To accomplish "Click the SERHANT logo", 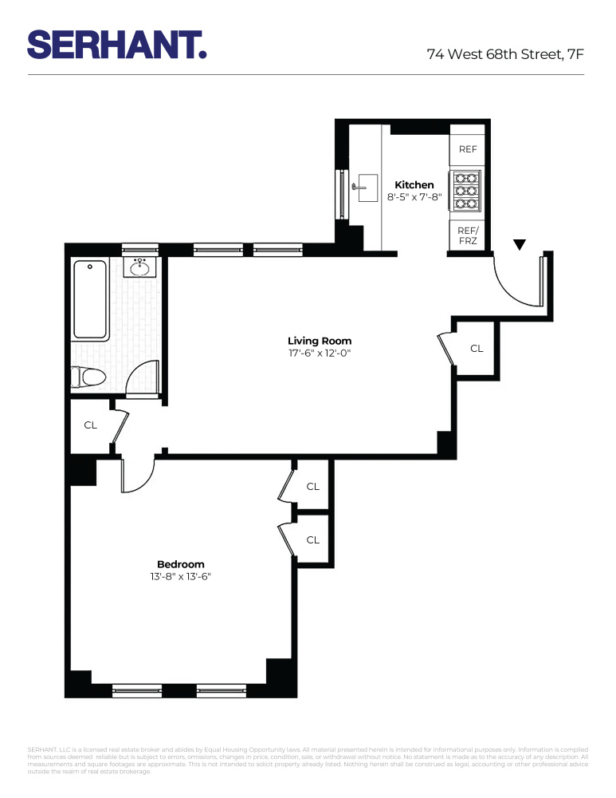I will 117,44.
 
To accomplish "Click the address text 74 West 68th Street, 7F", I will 505,54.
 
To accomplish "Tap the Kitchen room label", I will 414,184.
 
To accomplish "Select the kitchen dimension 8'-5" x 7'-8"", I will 414,196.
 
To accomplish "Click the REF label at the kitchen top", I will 468,149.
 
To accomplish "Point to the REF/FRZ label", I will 467,235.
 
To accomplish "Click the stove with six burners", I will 467,192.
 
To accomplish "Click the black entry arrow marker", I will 520,244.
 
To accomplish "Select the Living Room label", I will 320,341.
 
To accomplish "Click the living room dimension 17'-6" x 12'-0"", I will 320,353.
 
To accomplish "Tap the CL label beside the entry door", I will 477,348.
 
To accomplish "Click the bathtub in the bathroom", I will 91,300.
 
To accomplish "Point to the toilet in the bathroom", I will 88,376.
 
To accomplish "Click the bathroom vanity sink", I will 141,267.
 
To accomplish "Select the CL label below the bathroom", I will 91,425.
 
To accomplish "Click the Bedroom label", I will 181,563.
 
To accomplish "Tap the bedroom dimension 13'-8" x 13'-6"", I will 181,575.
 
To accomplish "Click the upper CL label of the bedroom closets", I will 312,486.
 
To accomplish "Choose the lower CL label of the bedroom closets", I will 312,540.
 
